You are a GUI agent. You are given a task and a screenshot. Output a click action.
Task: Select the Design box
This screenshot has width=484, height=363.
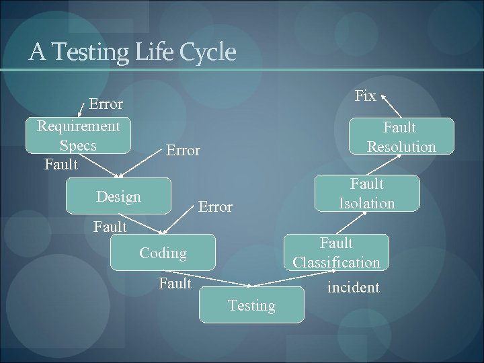(118, 196)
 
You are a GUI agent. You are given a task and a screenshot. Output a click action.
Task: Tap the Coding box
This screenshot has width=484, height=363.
(163, 253)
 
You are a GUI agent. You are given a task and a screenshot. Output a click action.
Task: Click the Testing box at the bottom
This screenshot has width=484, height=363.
(251, 305)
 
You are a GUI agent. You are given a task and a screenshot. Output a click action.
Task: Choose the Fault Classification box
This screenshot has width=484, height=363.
(336, 252)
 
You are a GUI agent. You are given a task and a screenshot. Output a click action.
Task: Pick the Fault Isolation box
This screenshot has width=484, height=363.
(367, 193)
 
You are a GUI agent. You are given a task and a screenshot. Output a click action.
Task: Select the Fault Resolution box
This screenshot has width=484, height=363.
(401, 136)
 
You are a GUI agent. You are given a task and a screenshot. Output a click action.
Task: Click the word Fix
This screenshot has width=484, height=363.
(365, 95)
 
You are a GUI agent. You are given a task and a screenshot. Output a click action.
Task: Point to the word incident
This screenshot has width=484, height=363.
(353, 288)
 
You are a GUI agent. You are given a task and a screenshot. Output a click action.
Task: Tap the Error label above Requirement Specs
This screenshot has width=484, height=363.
(106, 104)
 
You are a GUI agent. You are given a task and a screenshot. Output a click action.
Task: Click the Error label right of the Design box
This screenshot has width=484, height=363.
(215, 207)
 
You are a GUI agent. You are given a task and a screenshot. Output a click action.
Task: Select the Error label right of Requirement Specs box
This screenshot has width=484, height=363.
(183, 151)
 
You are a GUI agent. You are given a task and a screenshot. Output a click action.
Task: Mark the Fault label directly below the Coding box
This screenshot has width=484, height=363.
(175, 284)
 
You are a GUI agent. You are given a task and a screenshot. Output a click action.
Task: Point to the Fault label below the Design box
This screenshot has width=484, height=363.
(110, 227)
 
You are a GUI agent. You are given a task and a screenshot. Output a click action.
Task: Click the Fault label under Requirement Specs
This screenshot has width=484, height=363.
(61, 164)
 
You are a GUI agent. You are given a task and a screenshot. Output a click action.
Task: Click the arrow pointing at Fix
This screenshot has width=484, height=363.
(391, 106)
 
